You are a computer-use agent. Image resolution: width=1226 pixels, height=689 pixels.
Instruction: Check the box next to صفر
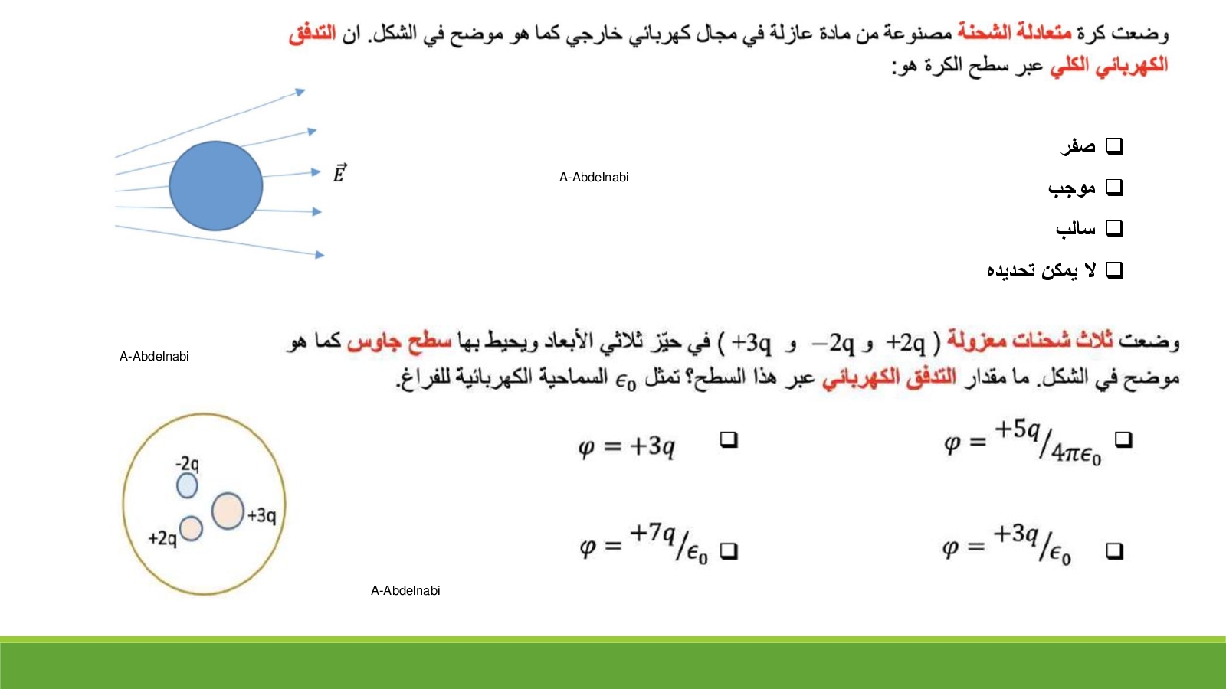[x=1114, y=146]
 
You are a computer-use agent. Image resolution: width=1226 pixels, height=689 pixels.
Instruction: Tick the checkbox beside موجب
[x=1114, y=188]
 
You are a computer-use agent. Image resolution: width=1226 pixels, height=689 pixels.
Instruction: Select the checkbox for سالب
[x=1114, y=229]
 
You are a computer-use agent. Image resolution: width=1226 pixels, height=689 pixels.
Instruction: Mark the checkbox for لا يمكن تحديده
[x=1114, y=270]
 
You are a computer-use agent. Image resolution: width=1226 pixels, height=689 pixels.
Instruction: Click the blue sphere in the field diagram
[x=215, y=186]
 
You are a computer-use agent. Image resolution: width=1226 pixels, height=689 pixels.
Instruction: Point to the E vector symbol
[x=339, y=173]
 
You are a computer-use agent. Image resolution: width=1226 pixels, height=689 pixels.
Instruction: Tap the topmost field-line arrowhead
[x=300, y=92]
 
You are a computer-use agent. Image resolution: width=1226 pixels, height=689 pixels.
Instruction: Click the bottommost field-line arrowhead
[x=320, y=255]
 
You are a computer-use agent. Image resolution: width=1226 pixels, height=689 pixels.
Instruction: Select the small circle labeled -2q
[x=187, y=485]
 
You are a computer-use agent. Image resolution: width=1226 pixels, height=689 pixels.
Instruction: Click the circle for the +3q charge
[x=228, y=511]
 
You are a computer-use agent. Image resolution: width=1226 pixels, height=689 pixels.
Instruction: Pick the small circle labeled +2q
[x=191, y=529]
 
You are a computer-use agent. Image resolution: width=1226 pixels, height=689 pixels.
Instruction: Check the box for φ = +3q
[x=729, y=439]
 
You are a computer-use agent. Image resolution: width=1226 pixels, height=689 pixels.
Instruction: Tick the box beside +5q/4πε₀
[x=1123, y=439]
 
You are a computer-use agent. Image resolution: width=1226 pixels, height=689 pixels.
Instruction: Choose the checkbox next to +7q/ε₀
[x=729, y=550]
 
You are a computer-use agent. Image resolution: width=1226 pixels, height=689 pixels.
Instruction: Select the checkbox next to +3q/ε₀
[x=1114, y=550]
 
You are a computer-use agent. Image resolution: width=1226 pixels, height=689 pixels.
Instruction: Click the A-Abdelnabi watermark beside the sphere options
[x=594, y=177]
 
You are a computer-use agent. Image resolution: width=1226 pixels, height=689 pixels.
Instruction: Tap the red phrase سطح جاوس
[x=399, y=341]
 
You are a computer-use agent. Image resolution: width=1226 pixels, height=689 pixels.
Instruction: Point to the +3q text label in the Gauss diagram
[x=262, y=515]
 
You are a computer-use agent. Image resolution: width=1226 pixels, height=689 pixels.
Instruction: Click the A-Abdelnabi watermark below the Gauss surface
[x=405, y=590]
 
